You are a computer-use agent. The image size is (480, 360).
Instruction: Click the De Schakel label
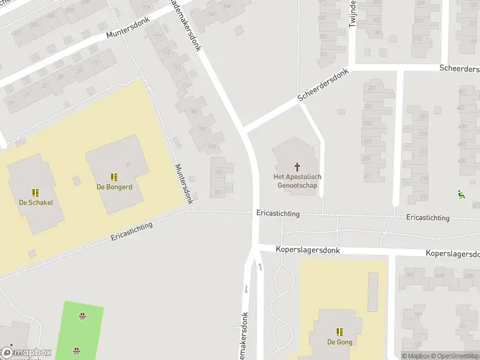36,202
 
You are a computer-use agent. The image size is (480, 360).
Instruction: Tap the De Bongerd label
114,187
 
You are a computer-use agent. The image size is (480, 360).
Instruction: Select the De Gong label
340,342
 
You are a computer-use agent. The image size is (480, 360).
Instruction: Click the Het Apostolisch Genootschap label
298,181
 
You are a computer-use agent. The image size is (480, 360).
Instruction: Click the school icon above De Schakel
36,193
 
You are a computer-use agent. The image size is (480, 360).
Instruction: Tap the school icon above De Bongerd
114,177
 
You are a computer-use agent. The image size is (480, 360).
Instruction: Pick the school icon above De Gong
340,332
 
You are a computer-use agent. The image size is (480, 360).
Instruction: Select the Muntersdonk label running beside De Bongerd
184,184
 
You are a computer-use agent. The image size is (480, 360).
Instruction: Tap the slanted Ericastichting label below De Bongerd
131,231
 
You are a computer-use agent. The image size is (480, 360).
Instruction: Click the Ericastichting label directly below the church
278,214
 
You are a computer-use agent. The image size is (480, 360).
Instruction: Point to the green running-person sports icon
461,194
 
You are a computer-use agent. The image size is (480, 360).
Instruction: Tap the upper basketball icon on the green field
82,316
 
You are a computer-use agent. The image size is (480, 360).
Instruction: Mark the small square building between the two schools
76,180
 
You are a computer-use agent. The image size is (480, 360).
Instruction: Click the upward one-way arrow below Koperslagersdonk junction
260,267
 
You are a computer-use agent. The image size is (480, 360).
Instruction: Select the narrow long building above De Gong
373,292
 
